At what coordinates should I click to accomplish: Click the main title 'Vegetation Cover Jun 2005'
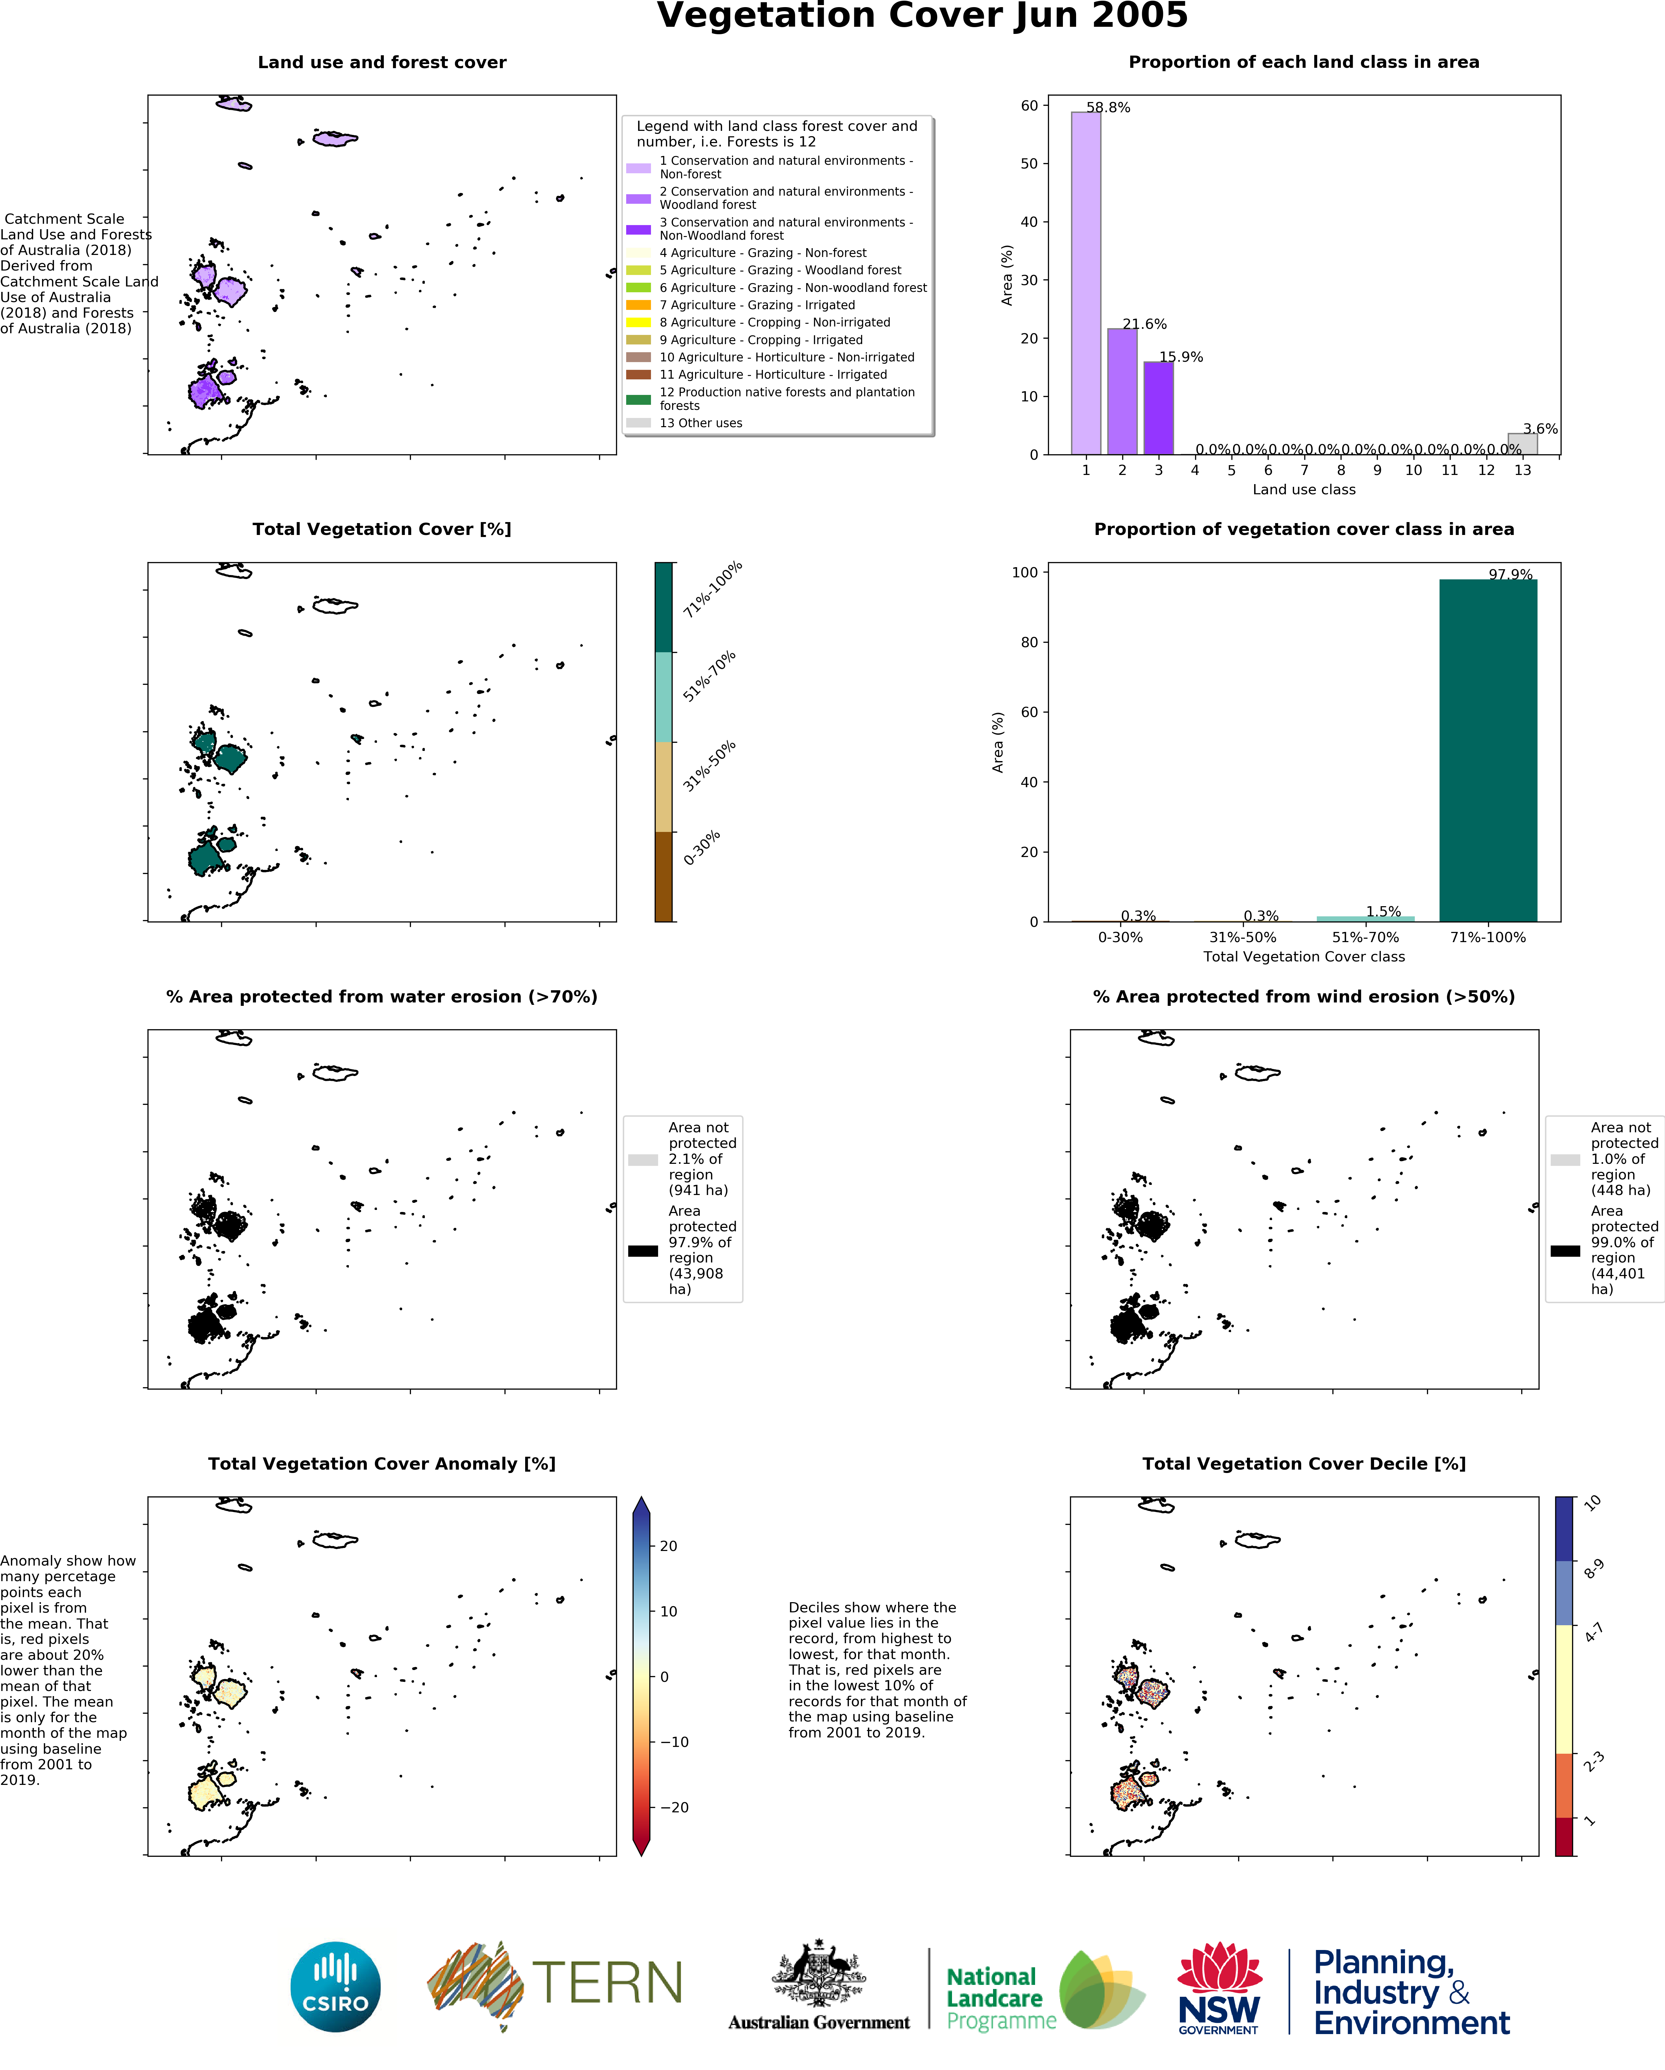tap(922, 16)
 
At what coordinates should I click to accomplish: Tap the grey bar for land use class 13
tap(1522, 444)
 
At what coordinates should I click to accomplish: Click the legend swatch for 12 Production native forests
tap(638, 399)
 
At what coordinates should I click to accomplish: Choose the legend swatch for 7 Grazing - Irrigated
tap(638, 305)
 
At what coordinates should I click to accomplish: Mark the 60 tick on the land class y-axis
tap(1029, 106)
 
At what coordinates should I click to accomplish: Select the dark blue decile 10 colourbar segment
tap(1564, 1529)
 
